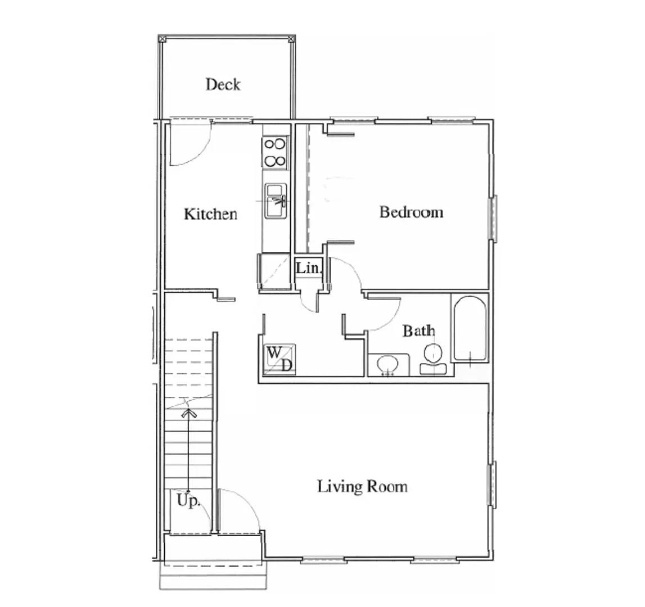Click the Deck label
point(223,84)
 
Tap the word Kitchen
point(211,214)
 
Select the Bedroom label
point(412,212)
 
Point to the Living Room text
point(362,487)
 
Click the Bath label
point(419,330)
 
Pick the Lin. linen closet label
point(308,268)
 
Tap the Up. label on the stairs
point(188,500)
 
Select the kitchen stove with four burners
point(275,152)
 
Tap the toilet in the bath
point(433,360)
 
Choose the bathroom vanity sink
point(388,365)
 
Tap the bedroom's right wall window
point(493,218)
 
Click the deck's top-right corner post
point(291,39)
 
